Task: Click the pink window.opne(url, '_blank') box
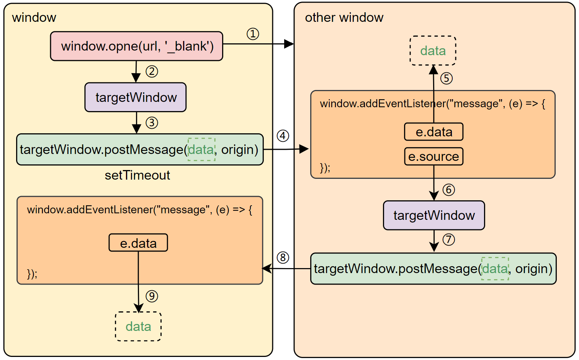click(x=136, y=46)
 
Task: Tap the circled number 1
click(x=253, y=34)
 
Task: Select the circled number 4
click(x=283, y=136)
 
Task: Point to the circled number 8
click(x=283, y=257)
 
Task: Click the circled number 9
click(x=152, y=296)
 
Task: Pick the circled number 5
click(x=447, y=79)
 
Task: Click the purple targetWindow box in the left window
click(x=136, y=97)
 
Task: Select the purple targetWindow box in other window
click(x=434, y=215)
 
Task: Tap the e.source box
click(x=433, y=156)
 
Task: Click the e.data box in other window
click(x=433, y=132)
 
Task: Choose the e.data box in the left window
click(x=138, y=243)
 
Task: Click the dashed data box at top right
click(x=433, y=51)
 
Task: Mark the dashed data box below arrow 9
click(x=138, y=326)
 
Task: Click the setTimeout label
click(x=137, y=175)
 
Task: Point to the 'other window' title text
click(x=344, y=18)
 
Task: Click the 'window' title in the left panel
click(x=34, y=18)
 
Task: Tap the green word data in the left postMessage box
click(x=201, y=149)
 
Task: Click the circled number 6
click(x=448, y=190)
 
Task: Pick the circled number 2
click(x=152, y=72)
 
